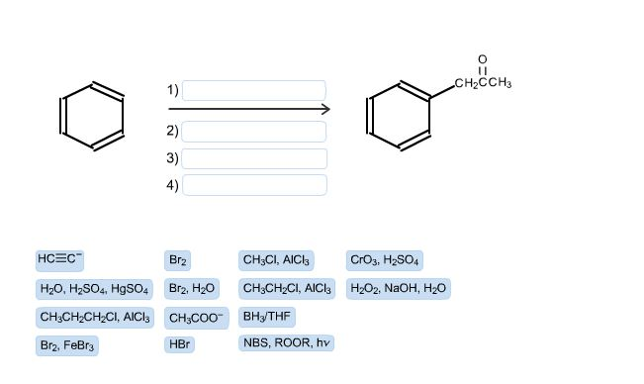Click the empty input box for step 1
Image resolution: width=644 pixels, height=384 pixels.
pyautogui.click(x=254, y=90)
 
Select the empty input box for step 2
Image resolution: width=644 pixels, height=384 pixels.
pyautogui.click(x=254, y=131)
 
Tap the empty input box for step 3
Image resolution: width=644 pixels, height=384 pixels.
pyautogui.click(x=254, y=158)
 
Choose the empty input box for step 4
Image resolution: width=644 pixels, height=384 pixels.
pyautogui.click(x=254, y=184)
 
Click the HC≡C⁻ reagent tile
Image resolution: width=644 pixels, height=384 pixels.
pyautogui.click(x=60, y=259)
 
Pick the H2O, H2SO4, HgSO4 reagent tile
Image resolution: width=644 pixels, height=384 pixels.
pyautogui.click(x=94, y=289)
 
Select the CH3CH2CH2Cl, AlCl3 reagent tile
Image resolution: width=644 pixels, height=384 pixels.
pyautogui.click(x=95, y=318)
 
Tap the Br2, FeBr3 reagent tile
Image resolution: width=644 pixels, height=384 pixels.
pyautogui.click(x=67, y=346)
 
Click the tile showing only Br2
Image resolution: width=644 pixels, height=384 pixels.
pyautogui.click(x=178, y=260)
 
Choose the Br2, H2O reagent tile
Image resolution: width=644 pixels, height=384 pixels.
pyautogui.click(x=192, y=289)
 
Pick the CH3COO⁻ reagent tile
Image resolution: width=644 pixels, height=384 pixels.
pyautogui.click(x=196, y=318)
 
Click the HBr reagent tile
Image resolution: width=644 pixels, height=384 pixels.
pyautogui.click(x=179, y=345)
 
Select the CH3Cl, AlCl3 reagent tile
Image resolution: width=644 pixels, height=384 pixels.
pyautogui.click(x=276, y=260)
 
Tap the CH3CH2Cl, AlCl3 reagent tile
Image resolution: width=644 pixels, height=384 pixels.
pyautogui.click(x=287, y=289)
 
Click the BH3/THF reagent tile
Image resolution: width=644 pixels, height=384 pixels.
pyautogui.click(x=266, y=317)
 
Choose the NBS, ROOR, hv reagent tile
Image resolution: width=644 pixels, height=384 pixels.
pyautogui.click(x=286, y=343)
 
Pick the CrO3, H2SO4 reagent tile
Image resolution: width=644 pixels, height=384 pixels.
pyautogui.click(x=385, y=260)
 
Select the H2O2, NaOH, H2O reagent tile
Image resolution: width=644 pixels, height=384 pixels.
pyautogui.click(x=398, y=289)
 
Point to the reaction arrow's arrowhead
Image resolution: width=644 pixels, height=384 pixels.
pyautogui.click(x=324, y=109)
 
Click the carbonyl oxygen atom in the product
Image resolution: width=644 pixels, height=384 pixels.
pyautogui.click(x=482, y=59)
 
